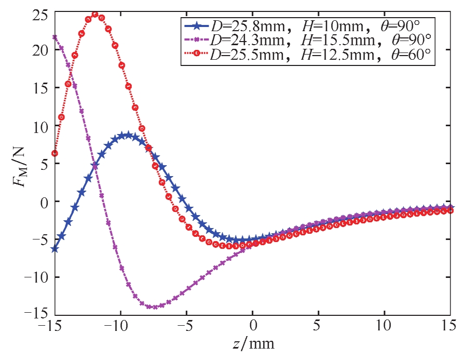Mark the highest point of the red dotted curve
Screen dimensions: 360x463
click(95, 14)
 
